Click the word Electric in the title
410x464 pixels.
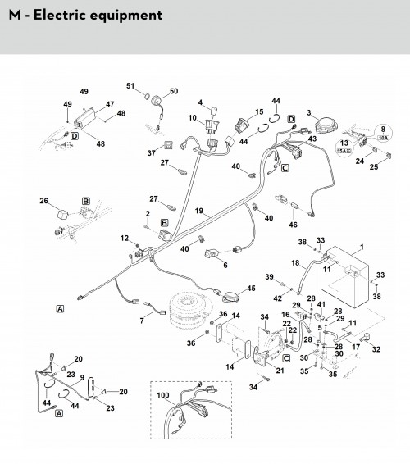(61, 15)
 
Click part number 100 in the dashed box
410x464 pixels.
(163, 395)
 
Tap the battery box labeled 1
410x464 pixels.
(345, 277)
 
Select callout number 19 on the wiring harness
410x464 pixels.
(199, 211)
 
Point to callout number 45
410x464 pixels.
(251, 288)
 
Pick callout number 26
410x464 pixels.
(43, 201)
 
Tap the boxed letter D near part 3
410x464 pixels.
(292, 119)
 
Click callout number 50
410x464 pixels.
(174, 91)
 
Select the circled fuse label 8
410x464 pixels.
(383, 133)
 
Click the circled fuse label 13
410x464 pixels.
(344, 147)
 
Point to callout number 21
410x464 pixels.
(280, 371)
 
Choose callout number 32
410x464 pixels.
(376, 349)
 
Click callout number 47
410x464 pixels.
(110, 104)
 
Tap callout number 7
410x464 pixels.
(142, 321)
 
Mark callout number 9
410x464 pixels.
(82, 378)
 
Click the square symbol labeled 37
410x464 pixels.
(168, 145)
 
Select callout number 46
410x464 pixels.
(293, 225)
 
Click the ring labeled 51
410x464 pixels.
(146, 97)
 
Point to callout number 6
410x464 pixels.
(225, 265)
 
